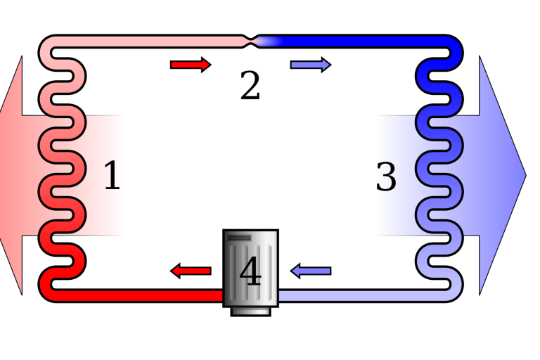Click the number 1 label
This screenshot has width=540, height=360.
[112, 176]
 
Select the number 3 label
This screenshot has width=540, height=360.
[386, 177]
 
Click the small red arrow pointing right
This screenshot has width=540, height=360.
[190, 65]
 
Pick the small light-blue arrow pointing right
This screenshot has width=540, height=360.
[310, 65]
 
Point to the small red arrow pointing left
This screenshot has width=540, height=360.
[191, 271]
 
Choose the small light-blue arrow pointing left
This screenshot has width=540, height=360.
[311, 271]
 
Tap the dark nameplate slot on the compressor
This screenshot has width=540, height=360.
[240, 238]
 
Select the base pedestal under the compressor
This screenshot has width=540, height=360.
[250, 310]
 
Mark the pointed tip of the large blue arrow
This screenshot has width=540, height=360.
[523, 176]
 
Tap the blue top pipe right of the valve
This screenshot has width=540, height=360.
[359, 41]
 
